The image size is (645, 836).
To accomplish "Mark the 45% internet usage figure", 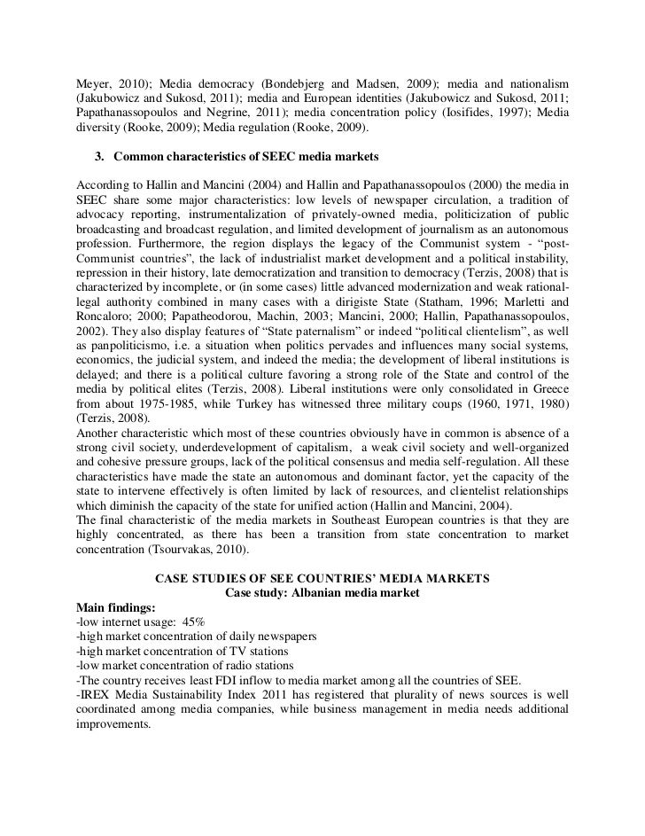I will point(193,622).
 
